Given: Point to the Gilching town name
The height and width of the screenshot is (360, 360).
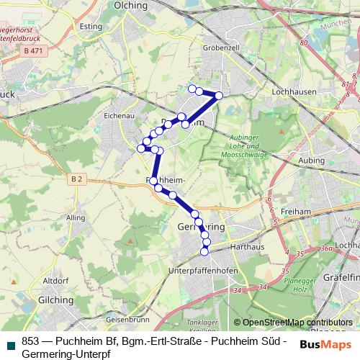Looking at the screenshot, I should coord(56,300).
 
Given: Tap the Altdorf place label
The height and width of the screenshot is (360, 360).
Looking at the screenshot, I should coord(55,280).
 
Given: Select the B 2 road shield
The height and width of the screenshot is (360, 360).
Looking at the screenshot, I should coord(78,178).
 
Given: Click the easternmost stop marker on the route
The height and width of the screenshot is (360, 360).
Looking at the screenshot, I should coord(219,96).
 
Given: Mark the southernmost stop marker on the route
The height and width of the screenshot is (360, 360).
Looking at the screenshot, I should coord(204,251).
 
